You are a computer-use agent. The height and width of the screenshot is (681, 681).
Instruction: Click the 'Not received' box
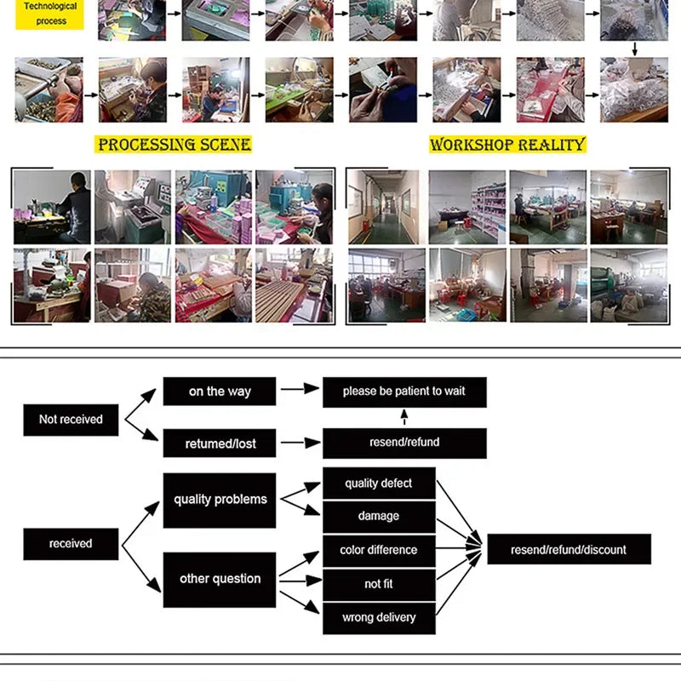tap(71, 420)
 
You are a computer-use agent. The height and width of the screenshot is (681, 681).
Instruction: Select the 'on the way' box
tap(220, 392)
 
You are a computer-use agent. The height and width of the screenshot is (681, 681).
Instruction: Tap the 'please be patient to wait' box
tap(404, 392)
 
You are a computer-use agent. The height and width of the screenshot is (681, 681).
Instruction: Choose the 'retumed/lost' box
tap(220, 443)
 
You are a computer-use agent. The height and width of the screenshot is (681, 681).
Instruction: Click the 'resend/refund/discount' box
tap(569, 549)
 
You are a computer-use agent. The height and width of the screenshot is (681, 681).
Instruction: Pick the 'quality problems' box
tap(220, 501)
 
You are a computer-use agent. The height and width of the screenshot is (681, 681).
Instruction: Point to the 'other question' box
tap(220, 580)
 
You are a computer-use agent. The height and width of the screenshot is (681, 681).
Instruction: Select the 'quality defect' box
tap(379, 484)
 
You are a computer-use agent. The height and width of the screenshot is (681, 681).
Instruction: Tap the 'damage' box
tap(379, 517)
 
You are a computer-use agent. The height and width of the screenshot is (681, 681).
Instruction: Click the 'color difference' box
tap(379, 551)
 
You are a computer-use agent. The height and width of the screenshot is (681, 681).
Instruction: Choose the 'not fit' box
tap(379, 585)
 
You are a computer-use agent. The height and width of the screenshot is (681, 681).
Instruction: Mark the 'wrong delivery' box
tap(379, 619)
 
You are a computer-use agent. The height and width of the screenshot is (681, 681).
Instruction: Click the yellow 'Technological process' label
tap(49, 14)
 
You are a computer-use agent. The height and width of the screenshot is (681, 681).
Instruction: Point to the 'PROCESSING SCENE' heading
tap(174, 145)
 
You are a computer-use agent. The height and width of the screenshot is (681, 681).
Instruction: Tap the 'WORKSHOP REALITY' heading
tap(507, 145)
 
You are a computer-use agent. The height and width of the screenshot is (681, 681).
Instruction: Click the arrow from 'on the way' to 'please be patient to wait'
tap(300, 389)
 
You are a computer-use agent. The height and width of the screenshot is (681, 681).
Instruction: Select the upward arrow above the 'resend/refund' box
tap(404, 417)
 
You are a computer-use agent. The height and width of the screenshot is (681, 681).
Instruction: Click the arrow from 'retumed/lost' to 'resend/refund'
tap(300, 443)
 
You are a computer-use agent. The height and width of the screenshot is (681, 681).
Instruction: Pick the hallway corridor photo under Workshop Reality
tap(384, 207)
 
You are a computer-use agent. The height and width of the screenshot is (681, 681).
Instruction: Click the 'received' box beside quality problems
tap(71, 544)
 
